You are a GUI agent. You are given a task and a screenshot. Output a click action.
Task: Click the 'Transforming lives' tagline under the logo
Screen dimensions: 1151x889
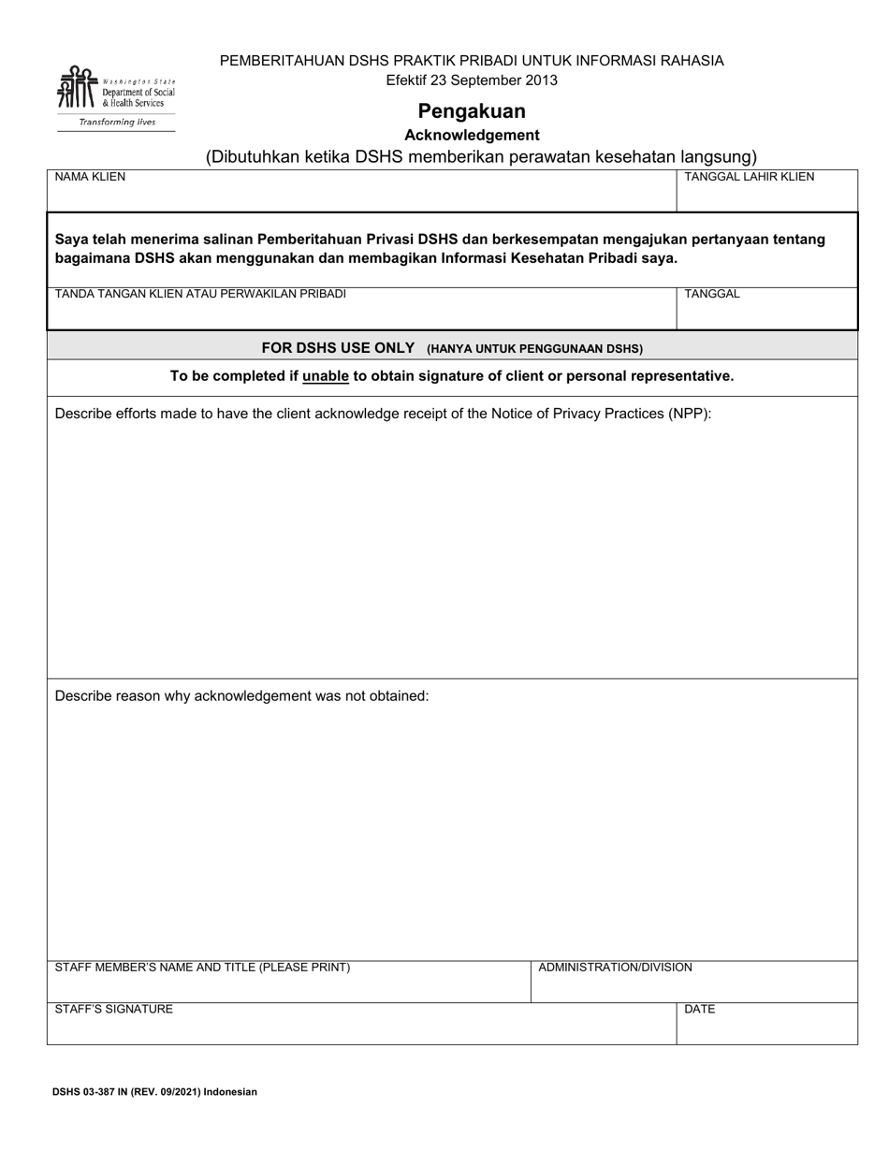[x=116, y=123]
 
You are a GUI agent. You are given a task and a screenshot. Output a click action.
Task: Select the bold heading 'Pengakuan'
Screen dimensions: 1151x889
[x=472, y=111]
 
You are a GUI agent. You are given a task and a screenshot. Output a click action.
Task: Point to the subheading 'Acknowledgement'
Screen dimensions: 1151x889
[x=472, y=135]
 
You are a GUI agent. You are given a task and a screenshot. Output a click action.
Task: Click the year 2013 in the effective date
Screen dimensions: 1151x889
[x=541, y=80]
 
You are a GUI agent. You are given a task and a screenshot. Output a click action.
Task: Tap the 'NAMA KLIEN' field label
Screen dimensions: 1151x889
[x=90, y=177]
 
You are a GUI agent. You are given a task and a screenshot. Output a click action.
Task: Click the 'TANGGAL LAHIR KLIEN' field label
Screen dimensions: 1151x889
[x=749, y=177]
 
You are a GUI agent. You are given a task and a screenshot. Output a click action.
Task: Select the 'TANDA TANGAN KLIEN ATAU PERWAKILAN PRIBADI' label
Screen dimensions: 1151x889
[x=200, y=294]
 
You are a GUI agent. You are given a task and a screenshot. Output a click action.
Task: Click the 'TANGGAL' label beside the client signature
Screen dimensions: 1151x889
[x=712, y=294]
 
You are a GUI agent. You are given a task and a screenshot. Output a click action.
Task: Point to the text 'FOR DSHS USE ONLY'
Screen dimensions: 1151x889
[x=338, y=348]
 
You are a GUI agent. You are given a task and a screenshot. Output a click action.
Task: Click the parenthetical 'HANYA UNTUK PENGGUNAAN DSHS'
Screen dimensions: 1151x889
[x=535, y=349]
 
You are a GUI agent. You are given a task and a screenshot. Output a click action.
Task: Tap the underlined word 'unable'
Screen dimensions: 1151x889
[x=326, y=376]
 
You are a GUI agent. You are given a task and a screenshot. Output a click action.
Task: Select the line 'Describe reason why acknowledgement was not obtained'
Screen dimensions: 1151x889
[x=241, y=696]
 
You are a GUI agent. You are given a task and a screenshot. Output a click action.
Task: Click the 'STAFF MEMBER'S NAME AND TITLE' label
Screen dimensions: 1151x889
[x=202, y=968]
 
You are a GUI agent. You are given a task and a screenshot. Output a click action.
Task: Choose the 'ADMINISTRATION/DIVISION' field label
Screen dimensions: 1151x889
[x=615, y=968]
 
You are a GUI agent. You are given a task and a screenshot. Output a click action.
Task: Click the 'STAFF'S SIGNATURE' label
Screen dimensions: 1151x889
[x=114, y=1010]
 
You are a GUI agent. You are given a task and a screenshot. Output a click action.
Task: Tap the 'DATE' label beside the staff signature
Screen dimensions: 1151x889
[x=700, y=1010]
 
